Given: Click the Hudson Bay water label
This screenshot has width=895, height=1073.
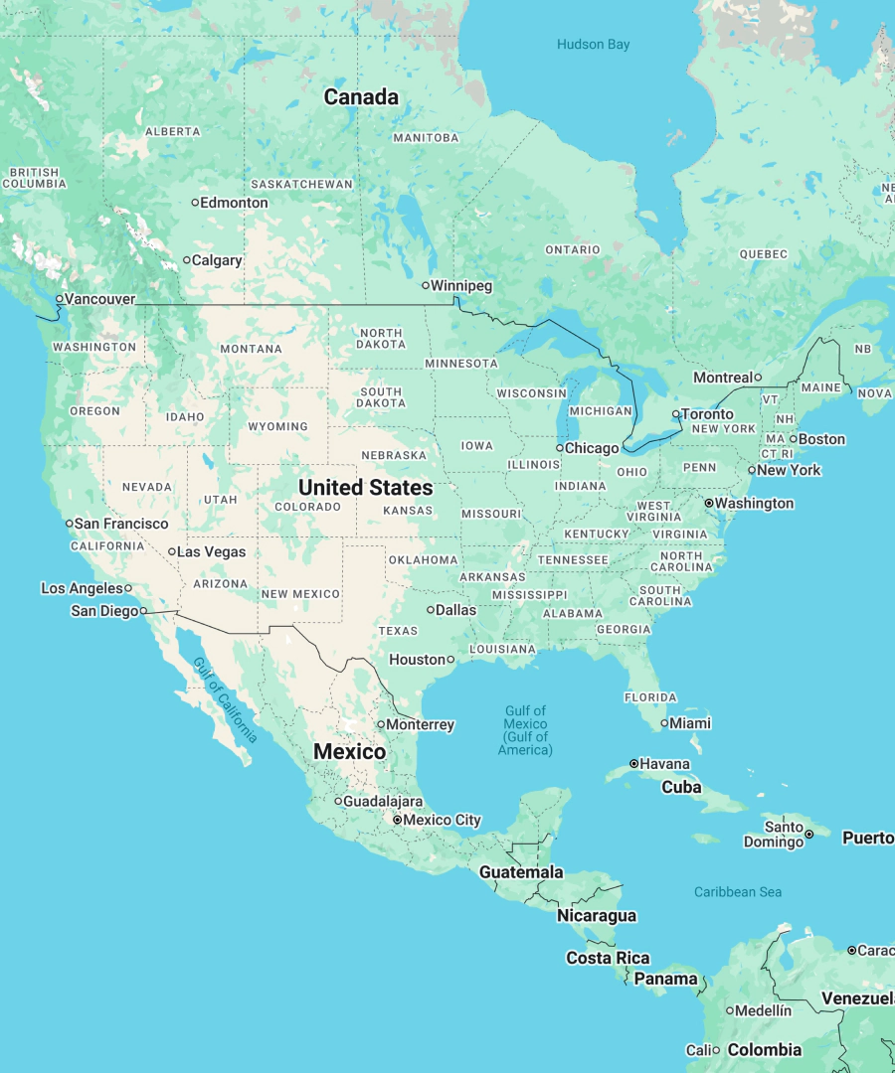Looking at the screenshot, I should [593, 45].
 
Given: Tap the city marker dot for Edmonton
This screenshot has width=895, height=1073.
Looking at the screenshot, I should [195, 203].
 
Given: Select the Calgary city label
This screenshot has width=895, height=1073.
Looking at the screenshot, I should [217, 260].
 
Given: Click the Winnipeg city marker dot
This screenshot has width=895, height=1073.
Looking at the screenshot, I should [426, 286].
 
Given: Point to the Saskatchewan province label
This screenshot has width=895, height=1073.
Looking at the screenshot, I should [301, 184].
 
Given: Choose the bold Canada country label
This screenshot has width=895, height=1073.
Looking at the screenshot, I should [361, 97].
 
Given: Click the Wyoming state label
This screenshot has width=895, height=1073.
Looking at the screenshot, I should [277, 426].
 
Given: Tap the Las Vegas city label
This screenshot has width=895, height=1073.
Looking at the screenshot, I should [211, 552].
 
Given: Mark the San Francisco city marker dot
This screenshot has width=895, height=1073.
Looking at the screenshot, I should [70, 524].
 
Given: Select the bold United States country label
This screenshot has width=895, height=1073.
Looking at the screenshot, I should [366, 488].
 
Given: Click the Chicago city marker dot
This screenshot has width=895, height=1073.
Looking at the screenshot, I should [560, 448].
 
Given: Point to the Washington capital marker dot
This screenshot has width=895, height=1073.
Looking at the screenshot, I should [709, 504].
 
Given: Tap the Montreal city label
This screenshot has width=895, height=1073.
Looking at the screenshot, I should [723, 378].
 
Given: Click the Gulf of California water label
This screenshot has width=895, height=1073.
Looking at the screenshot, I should [226, 700].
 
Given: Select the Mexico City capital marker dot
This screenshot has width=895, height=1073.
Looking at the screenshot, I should [397, 821].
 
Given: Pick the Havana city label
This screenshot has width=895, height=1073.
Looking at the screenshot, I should [665, 764].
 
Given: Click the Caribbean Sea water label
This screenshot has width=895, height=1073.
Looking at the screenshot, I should [738, 892].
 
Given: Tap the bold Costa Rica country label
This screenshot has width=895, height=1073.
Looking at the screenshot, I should [608, 959].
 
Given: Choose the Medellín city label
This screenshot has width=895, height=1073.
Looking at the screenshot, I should [764, 1010].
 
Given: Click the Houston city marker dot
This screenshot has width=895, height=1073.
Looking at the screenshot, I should [450, 660].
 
